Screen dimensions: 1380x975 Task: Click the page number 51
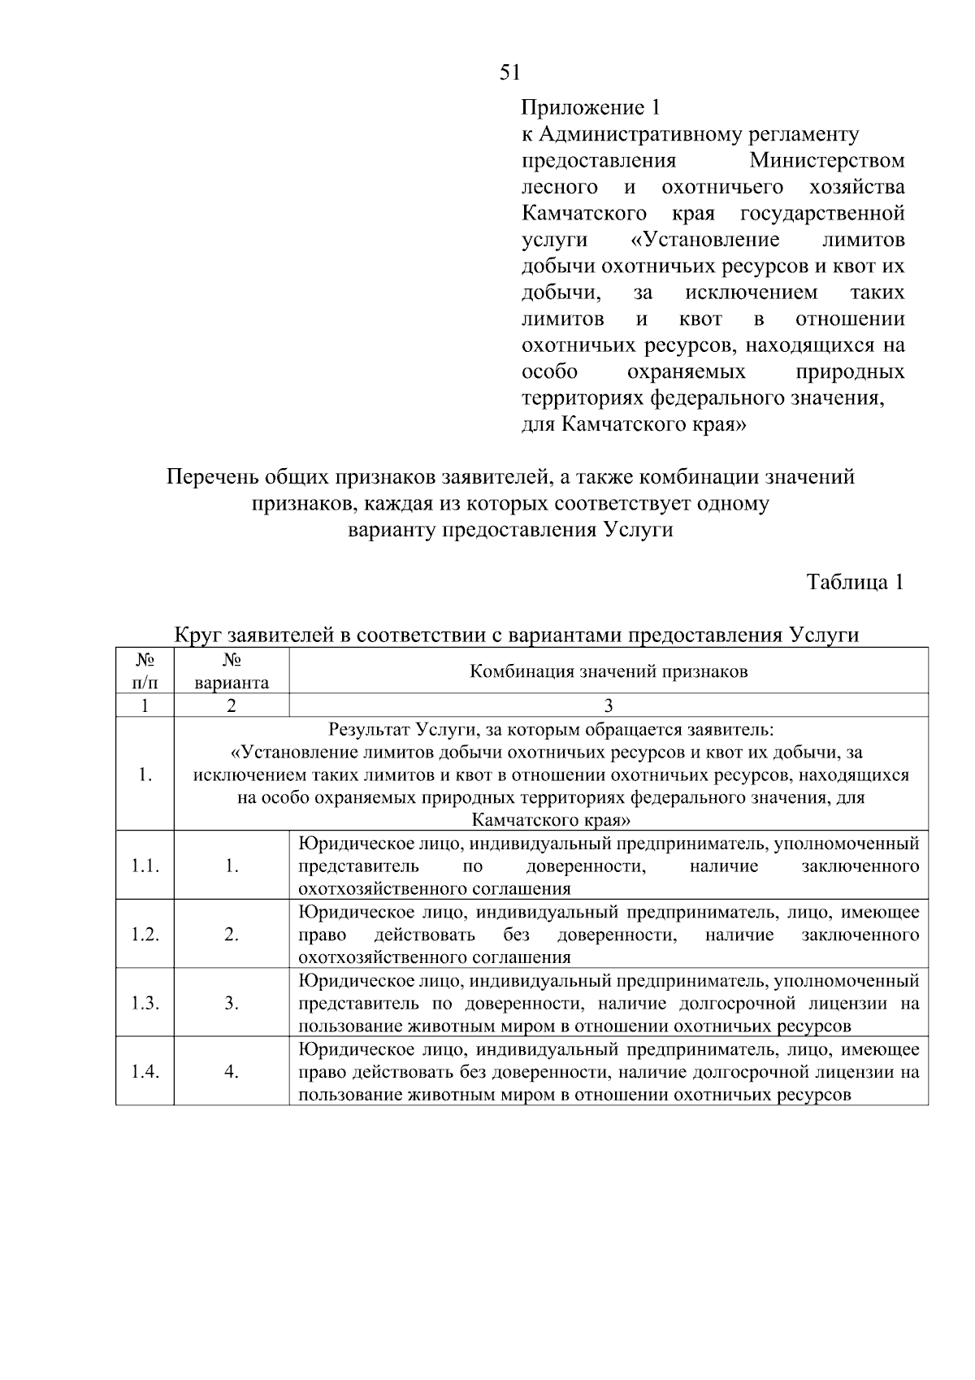509,73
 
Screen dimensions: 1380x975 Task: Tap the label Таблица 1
854,582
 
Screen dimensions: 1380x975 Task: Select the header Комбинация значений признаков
609,671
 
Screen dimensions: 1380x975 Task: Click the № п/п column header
145,670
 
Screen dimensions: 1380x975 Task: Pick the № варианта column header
232,670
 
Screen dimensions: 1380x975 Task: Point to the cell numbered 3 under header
609,705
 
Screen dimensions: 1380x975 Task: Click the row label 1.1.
145,866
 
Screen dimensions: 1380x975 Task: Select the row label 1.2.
145,935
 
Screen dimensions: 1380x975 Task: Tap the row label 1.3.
145,1003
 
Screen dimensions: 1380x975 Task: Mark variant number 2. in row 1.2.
232,935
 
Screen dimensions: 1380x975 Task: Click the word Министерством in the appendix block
826,160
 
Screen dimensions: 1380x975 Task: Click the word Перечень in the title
208,477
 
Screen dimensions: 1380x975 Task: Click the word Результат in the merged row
370,729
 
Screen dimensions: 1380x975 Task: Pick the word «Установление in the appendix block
704,240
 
